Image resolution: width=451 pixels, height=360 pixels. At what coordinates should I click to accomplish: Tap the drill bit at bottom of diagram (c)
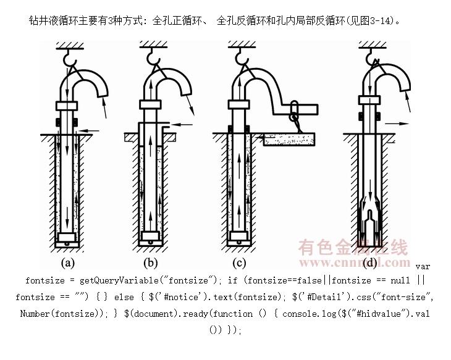[238, 238]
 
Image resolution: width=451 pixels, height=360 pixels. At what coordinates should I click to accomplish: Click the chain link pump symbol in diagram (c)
[295, 112]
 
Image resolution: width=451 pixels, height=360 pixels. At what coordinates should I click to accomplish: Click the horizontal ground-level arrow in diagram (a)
[90, 130]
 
